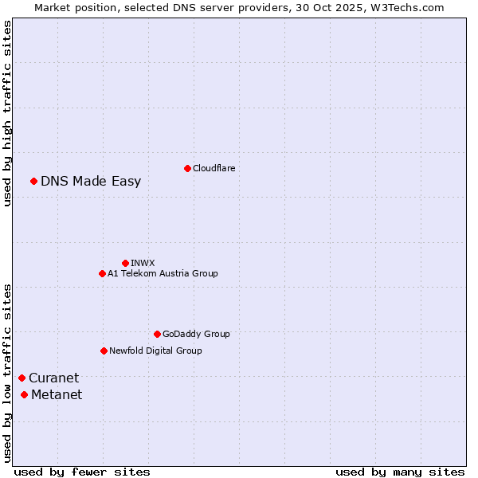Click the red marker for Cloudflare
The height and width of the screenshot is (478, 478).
pyautogui.click(x=187, y=168)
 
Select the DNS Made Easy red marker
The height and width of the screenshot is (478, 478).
pyautogui.click(x=33, y=181)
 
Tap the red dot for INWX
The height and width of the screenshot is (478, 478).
pyautogui.click(x=125, y=263)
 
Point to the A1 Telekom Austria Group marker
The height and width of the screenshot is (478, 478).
pyautogui.click(x=102, y=273)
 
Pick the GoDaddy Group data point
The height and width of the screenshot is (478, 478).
pyautogui.click(x=157, y=334)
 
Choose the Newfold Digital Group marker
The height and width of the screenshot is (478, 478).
pyautogui.click(x=104, y=351)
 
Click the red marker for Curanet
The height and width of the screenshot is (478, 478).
pyautogui.click(x=22, y=378)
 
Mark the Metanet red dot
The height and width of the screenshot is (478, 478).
pyautogui.click(x=24, y=394)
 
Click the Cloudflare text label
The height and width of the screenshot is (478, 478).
pyautogui.click(x=214, y=168)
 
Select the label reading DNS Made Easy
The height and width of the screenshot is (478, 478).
pyautogui.click(x=91, y=181)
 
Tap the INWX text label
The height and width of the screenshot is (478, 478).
pyautogui.click(x=143, y=263)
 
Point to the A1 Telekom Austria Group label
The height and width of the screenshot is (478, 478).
pyautogui.click(x=163, y=273)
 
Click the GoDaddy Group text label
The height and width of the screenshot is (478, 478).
pyautogui.click(x=196, y=334)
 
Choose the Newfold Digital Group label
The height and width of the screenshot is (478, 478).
pyautogui.click(x=155, y=351)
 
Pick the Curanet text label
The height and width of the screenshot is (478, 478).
pyautogui.click(x=53, y=378)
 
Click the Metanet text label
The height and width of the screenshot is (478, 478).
pyautogui.click(x=57, y=394)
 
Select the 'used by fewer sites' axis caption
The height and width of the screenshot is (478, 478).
pyautogui.click(x=82, y=472)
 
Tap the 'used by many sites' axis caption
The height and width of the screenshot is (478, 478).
pyautogui.click(x=400, y=472)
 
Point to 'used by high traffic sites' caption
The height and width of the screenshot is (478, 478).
pyautogui.click(x=7, y=113)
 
